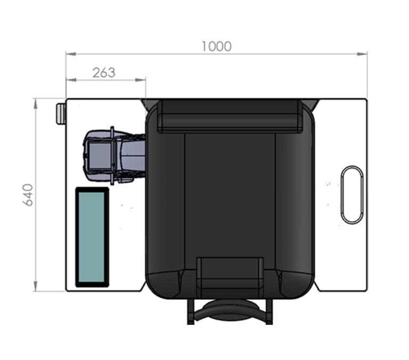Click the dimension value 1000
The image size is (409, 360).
point(217,46)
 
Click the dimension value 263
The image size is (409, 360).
point(104,73)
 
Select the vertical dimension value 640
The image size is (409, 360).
point(28,195)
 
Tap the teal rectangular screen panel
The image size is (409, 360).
point(92,237)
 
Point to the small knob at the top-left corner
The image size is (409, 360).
point(61,113)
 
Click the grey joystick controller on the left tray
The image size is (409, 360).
point(114,156)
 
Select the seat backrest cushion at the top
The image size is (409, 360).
point(230,116)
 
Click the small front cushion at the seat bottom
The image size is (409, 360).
point(230,273)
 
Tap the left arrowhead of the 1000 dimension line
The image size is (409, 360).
point(71,54)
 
